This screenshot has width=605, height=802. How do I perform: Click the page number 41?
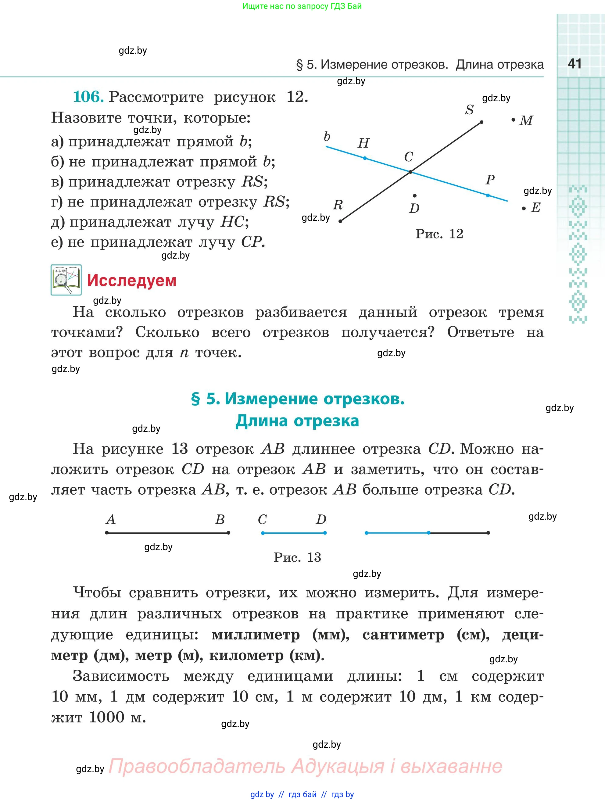click(575, 64)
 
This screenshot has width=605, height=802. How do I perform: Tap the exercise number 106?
click(88, 97)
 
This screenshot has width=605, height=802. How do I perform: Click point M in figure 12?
click(513, 120)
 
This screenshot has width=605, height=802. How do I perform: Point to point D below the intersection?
click(414, 196)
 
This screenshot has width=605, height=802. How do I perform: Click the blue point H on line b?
click(365, 158)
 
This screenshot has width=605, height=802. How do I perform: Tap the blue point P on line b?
click(488, 195)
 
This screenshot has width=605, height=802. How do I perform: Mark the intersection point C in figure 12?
click(410, 172)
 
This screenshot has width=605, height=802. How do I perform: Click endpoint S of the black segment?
click(481, 122)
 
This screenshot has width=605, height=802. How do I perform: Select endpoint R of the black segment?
click(340, 221)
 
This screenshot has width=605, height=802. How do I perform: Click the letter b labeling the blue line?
click(327, 137)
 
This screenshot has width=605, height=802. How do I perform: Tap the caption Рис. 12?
click(439, 234)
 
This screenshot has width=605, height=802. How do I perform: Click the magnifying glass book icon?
click(66, 280)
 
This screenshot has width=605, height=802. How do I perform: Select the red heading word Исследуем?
click(132, 281)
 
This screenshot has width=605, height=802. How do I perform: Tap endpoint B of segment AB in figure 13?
click(228, 533)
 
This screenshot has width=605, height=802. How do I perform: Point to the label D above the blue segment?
click(321, 520)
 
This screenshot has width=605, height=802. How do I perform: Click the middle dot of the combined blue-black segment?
click(428, 533)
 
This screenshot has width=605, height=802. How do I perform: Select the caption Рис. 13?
click(297, 557)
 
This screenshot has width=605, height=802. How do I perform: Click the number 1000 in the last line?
click(106, 717)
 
